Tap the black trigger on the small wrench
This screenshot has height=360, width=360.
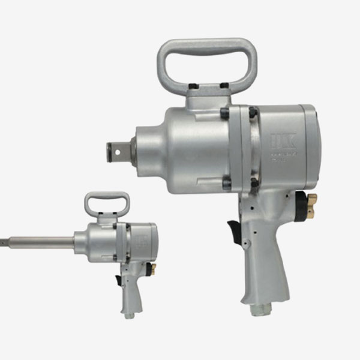(x=118, y=280)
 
